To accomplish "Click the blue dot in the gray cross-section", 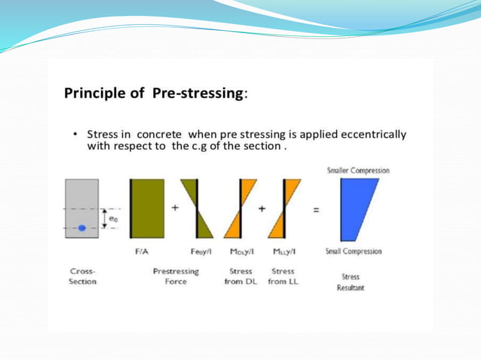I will [82, 227].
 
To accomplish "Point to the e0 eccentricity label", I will [112, 217].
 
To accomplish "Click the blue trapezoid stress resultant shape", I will [355, 209].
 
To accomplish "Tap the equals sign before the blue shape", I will [317, 209].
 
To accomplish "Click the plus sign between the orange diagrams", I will [261, 209].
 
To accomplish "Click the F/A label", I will [140, 252].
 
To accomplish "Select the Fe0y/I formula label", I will [201, 252].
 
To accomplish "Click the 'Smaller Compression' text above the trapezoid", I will [358, 171].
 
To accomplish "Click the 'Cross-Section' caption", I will [82, 276].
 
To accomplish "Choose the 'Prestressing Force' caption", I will [176, 276].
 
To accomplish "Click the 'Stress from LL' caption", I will [283, 276].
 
